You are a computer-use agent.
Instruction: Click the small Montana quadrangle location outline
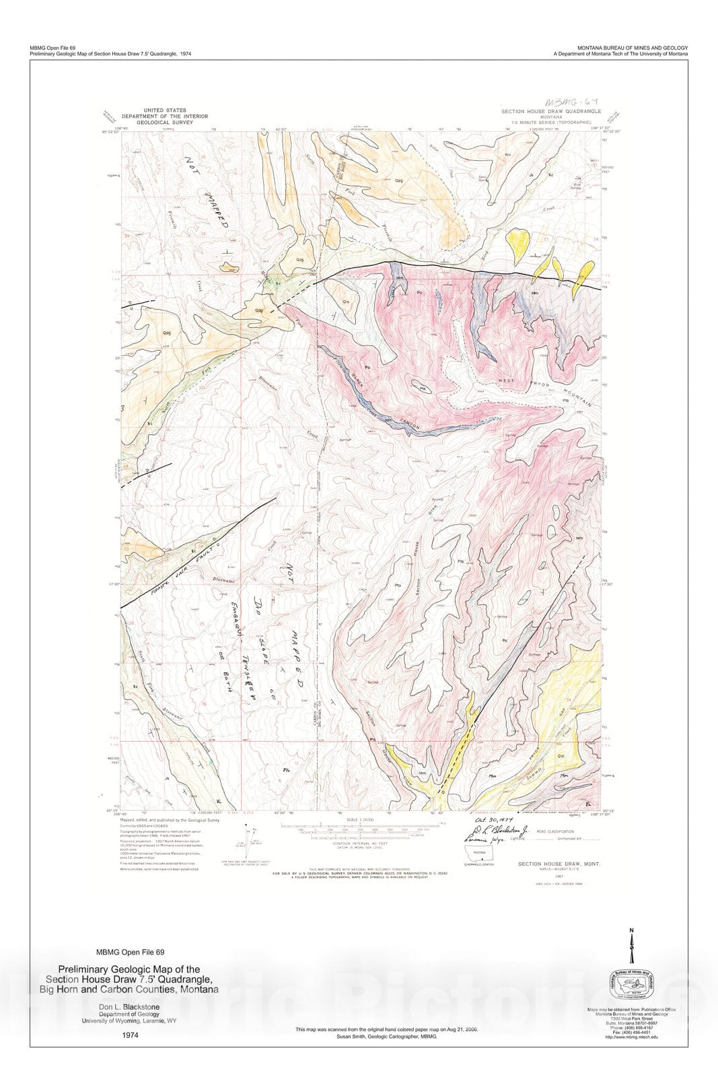pyautogui.click(x=478, y=856)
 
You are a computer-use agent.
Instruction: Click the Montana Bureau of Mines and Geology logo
pyautogui.click(x=631, y=987)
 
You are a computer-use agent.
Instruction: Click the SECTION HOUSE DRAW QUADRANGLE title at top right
pyautogui.click(x=550, y=111)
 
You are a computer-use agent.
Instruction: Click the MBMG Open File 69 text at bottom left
pyautogui.click(x=131, y=952)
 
